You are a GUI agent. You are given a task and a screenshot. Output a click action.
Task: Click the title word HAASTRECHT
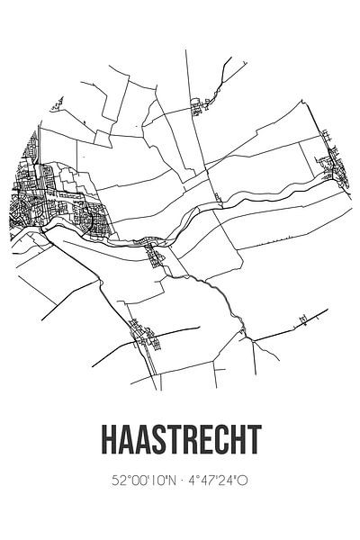180,444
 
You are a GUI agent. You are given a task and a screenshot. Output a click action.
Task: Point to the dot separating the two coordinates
181,481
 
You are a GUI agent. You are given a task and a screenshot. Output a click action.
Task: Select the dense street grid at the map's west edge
36,202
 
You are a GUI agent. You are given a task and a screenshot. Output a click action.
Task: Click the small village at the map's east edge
329,167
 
